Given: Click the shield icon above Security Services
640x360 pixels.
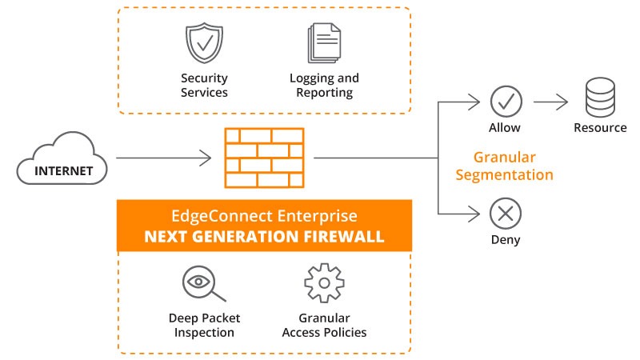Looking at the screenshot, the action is [204, 43].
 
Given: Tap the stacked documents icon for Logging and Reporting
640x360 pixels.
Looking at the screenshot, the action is [324, 43].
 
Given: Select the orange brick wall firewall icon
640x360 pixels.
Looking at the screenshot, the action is [264, 158].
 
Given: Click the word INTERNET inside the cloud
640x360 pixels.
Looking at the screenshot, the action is [64, 171].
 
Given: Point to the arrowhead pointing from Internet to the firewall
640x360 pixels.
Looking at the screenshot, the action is [206, 158].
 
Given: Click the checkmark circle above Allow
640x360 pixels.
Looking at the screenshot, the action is [506, 102].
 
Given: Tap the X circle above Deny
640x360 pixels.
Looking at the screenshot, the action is [506, 214].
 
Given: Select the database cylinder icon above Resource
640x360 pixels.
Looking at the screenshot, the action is [600, 98].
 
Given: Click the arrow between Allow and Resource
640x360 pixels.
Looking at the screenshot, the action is [550, 102].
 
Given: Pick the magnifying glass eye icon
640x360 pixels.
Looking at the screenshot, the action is [204, 283].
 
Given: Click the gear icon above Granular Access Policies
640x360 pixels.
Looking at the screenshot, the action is [324, 283].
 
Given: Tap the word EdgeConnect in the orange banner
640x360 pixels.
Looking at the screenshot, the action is [222, 215].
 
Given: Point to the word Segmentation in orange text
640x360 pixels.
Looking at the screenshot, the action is [505, 175].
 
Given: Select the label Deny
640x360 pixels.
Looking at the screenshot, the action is [506, 239].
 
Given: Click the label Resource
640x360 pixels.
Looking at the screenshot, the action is [600, 128].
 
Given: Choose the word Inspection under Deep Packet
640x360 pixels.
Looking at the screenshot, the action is [204, 333].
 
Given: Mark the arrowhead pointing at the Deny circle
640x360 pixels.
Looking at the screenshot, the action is [474, 214].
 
